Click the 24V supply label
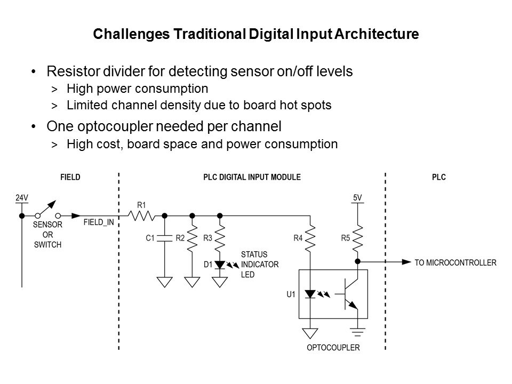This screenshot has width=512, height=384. (x=21, y=197)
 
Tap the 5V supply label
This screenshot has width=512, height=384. (x=357, y=197)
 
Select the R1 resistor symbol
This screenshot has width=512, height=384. (x=142, y=215)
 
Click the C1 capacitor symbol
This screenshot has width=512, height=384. (x=165, y=238)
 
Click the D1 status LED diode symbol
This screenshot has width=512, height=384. (x=220, y=263)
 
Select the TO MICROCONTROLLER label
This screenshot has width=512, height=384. (x=455, y=262)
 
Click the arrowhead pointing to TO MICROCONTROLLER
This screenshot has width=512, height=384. (x=407, y=262)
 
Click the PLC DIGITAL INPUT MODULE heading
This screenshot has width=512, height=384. (x=252, y=178)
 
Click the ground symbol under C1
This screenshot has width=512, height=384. (x=165, y=281)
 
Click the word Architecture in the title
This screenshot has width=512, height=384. (x=380, y=35)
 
